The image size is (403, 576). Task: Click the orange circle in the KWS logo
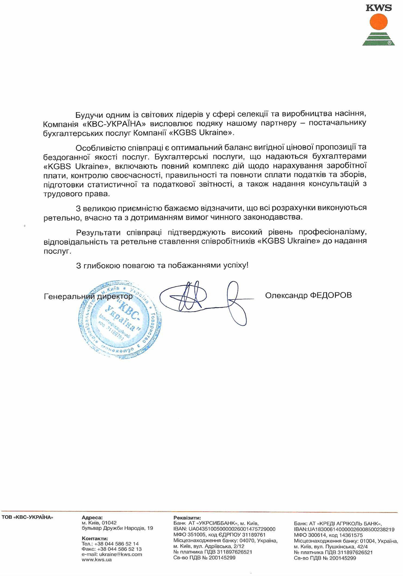point(378,22)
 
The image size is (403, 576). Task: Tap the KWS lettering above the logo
point(378,8)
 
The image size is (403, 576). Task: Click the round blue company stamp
point(119,319)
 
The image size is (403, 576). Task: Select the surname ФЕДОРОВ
point(330,295)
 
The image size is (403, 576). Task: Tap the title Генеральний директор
point(88,296)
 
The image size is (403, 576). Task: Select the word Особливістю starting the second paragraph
point(100,148)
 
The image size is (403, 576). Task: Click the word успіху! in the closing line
point(236,265)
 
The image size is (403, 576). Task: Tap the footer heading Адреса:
point(92,518)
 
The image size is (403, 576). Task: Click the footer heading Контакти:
point(95,538)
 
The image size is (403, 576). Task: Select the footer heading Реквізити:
point(187,518)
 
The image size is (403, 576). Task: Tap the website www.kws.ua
point(97,559)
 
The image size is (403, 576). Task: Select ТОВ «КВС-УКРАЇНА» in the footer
point(27,517)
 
